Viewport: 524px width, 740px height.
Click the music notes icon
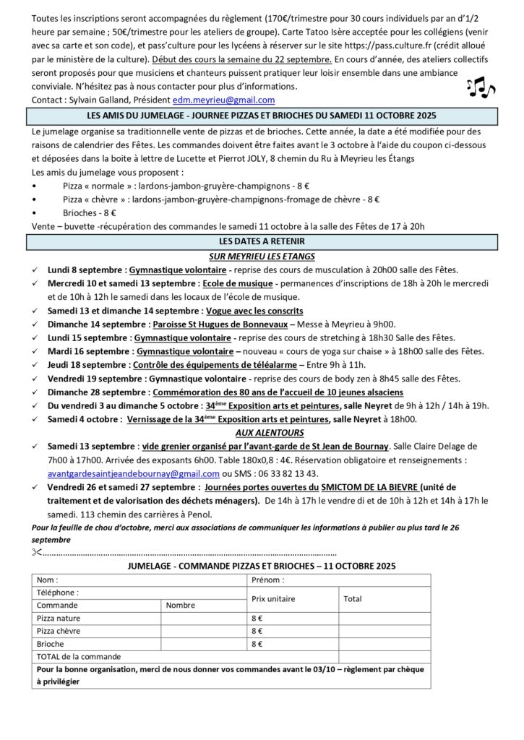click(x=481, y=87)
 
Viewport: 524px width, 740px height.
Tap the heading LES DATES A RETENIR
click(x=261, y=241)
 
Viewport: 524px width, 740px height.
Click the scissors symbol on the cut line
click(x=38, y=553)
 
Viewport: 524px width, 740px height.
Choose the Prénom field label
click(x=267, y=580)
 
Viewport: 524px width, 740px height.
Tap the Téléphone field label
click(x=57, y=593)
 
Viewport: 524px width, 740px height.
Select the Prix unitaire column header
click(x=273, y=599)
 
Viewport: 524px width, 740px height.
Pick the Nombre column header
click(x=180, y=606)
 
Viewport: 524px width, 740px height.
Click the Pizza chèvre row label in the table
click(x=59, y=631)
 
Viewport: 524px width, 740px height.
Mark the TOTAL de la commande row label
click(x=79, y=657)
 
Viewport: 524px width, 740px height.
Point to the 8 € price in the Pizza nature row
click(x=257, y=619)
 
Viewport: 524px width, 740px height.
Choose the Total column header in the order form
click(x=353, y=599)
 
